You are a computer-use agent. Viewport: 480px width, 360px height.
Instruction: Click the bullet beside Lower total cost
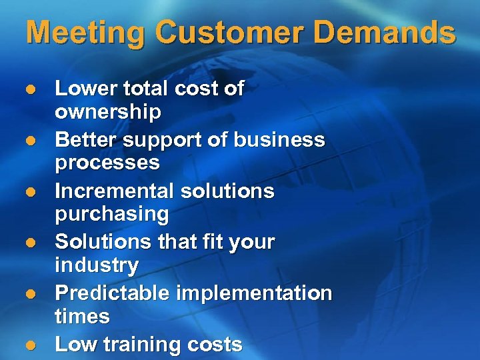point(30,89)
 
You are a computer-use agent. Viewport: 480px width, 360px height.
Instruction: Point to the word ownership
point(108,113)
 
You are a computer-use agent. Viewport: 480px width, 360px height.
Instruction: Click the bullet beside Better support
point(30,141)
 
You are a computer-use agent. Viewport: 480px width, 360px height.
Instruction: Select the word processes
point(107,163)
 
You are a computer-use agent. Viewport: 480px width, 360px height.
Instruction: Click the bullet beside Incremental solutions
point(30,192)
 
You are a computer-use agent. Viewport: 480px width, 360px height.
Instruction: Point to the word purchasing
point(112,215)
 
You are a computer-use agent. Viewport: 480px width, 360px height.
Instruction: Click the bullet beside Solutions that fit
point(30,243)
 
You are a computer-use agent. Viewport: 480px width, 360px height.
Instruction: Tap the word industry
point(97,265)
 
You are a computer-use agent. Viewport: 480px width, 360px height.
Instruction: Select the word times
point(82,317)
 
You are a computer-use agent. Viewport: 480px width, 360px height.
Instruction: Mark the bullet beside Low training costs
point(30,345)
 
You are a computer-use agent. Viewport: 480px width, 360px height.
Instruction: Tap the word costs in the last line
point(215,345)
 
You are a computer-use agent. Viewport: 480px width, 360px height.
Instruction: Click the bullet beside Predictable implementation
point(30,294)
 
